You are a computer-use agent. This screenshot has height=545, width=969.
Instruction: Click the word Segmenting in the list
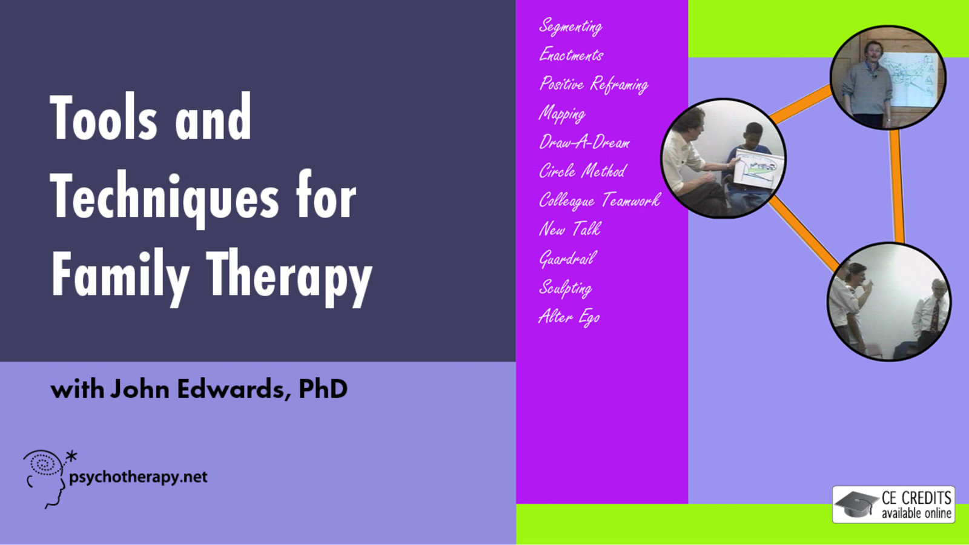point(570,27)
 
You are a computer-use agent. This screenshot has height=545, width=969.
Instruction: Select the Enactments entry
point(571,55)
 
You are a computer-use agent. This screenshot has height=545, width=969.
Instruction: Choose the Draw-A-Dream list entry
point(584,142)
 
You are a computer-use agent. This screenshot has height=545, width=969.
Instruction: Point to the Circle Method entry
point(583,171)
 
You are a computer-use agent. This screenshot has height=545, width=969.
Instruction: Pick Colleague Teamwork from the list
point(600,200)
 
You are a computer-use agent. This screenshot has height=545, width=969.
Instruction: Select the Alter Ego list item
point(569,317)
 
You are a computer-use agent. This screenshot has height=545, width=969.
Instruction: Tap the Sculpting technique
point(566,288)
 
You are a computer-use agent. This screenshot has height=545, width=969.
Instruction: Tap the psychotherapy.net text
point(139,477)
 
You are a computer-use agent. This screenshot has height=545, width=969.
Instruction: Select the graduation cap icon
point(856,504)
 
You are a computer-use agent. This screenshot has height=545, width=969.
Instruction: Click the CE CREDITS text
point(917,498)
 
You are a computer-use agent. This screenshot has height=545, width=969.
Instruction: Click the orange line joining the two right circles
point(897,186)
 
